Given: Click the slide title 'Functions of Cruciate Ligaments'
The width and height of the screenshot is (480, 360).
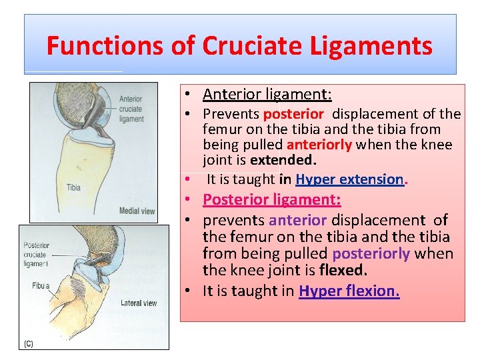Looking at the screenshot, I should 239,46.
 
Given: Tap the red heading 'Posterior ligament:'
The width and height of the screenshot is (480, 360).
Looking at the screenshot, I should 272,200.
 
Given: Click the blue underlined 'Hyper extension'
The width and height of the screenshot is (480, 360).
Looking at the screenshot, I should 349,179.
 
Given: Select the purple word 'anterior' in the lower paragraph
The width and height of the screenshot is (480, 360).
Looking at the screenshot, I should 298,220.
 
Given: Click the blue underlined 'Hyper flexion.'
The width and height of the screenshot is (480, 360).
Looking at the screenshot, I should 349,291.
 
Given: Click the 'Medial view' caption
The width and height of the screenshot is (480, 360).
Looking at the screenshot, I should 137,211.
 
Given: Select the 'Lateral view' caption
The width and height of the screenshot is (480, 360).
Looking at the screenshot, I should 138,303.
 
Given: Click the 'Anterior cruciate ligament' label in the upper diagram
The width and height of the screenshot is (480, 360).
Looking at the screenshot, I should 131,109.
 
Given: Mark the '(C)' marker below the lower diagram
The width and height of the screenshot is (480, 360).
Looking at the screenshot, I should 29,343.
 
